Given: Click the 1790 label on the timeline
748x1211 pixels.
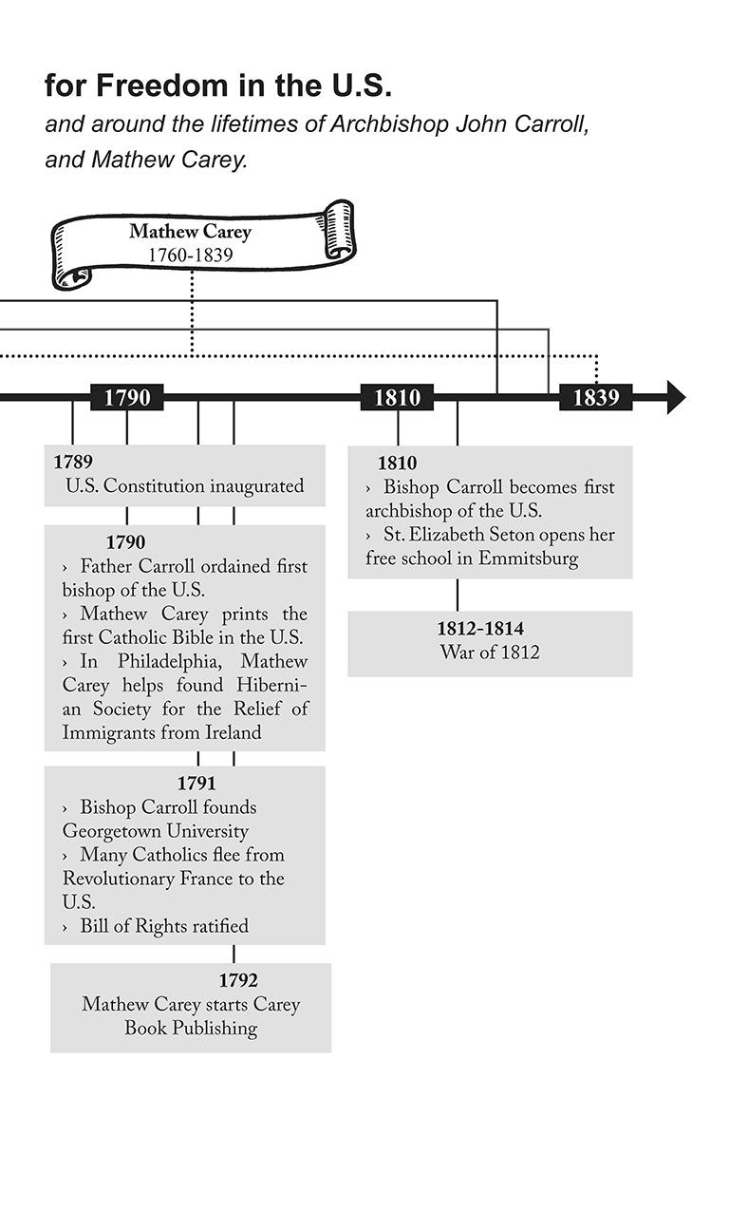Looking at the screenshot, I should (x=127, y=397).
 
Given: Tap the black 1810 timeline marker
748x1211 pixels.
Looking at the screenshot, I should (x=397, y=397).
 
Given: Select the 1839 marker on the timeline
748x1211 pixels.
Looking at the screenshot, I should (x=595, y=397).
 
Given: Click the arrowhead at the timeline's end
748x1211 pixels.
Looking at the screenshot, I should (x=675, y=397).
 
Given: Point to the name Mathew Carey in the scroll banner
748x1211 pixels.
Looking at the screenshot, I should (x=190, y=231).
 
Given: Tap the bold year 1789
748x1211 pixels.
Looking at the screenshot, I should (x=73, y=463).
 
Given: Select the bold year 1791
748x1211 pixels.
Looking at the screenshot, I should (x=196, y=784).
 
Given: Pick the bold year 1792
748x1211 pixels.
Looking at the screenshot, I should (x=238, y=980).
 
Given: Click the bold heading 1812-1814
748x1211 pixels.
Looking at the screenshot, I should (x=480, y=629).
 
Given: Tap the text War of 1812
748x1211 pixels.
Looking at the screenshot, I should (x=490, y=653).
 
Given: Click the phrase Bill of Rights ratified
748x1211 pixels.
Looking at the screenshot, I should (x=164, y=925).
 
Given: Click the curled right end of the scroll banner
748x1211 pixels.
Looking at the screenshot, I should (x=338, y=230).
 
